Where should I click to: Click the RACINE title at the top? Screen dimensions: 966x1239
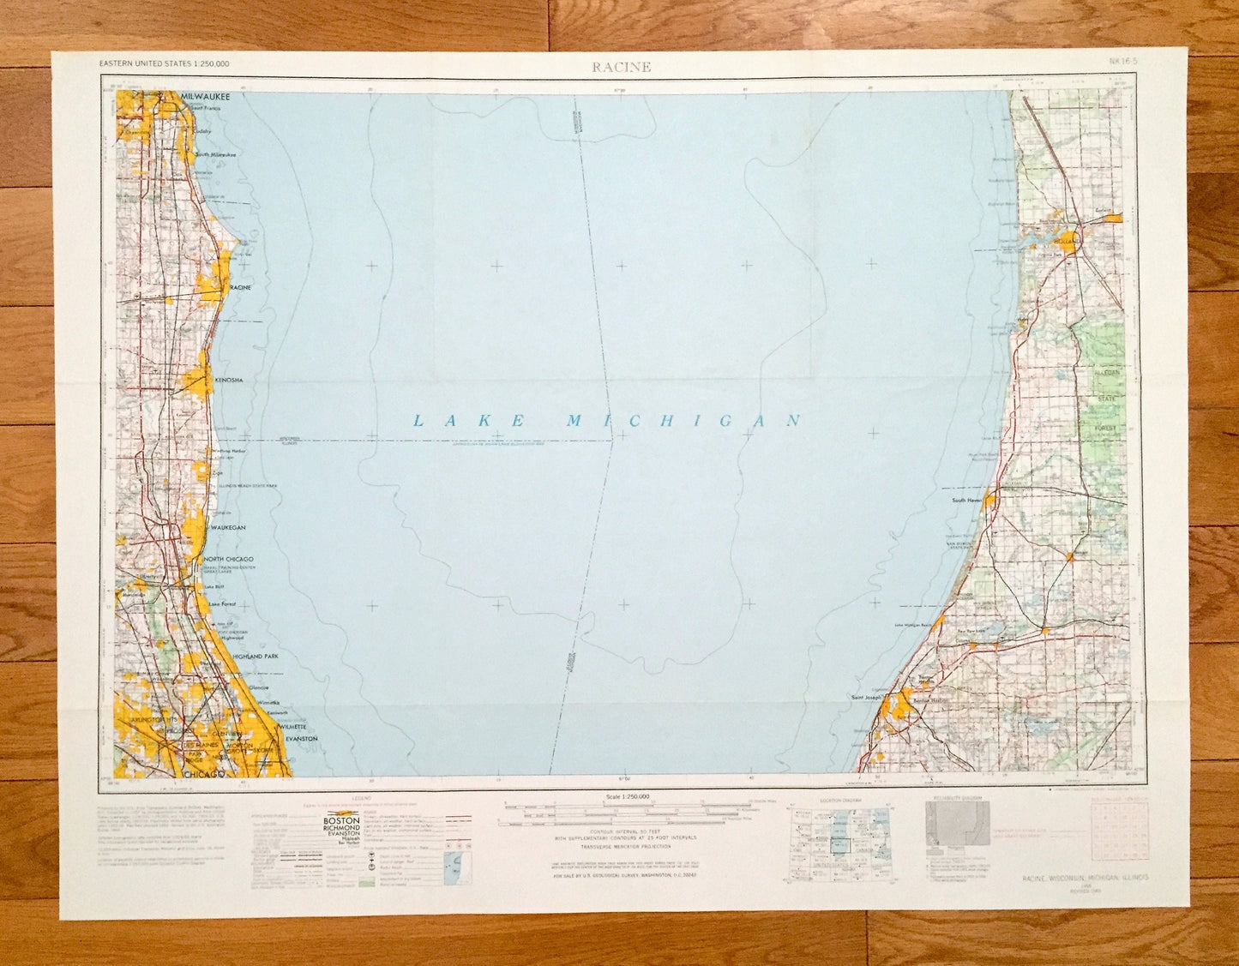(x=620, y=68)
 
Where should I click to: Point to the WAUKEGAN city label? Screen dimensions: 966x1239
(x=228, y=528)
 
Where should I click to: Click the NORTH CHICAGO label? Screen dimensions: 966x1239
(x=228, y=559)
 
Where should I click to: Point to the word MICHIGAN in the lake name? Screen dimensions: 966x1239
(x=683, y=420)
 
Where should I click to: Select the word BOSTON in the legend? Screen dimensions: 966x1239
(x=340, y=820)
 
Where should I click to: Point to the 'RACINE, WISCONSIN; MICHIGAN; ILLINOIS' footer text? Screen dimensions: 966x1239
(x=1085, y=878)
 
